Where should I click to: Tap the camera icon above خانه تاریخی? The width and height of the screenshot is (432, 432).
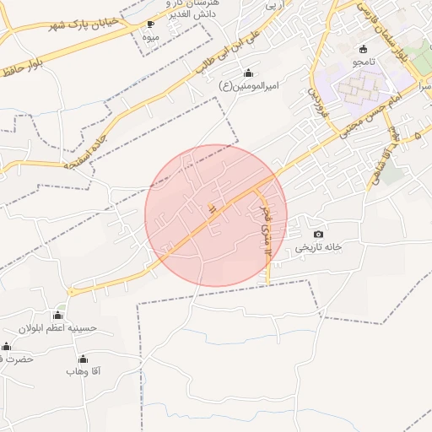coord(318,234)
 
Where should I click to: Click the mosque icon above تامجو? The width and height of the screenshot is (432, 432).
coord(363,49)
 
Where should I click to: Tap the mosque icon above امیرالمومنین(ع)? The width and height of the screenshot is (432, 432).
coord(247,73)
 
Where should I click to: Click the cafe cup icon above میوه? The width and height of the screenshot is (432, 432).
coord(151,24)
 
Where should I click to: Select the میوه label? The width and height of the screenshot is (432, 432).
coord(151,37)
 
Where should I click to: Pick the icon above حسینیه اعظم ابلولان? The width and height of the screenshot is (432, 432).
coord(58,315)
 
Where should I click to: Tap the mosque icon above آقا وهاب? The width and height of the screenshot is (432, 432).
coord(71,358)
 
